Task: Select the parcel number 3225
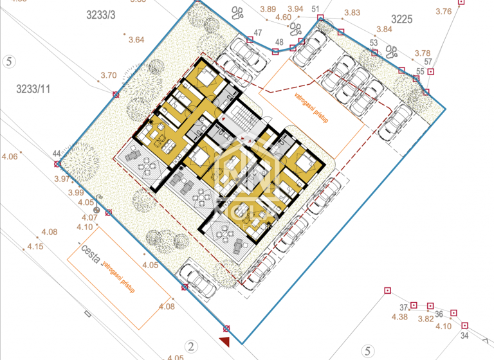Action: point(401,19)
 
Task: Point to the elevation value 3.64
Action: point(136,40)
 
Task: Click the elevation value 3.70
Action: point(108,75)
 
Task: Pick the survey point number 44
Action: point(57,153)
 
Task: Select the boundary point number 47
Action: point(258,33)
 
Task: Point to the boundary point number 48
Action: point(279,42)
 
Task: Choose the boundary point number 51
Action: point(315,8)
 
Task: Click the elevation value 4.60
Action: point(283,17)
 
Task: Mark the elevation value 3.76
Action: point(443,11)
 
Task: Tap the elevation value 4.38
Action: point(399,316)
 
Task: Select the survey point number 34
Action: point(464,336)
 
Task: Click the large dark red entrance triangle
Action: point(224,341)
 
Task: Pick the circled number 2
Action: point(191,347)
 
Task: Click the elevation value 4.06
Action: point(10,156)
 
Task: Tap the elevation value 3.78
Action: point(422,53)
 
